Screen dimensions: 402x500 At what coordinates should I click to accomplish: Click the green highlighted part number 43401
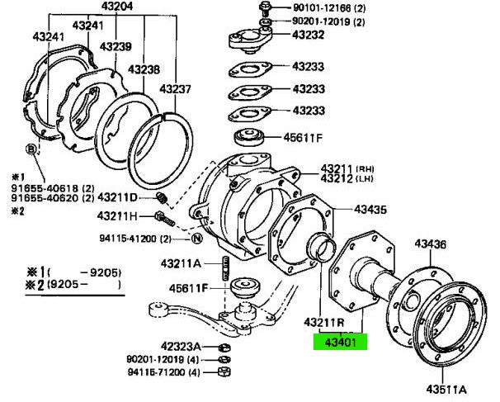pyautogui.click(x=339, y=340)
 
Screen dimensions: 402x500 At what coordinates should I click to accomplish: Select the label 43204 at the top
pyautogui.click(x=117, y=7)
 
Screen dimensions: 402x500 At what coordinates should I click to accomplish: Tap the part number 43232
pyautogui.click(x=309, y=35)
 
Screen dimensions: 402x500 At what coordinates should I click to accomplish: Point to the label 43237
pyautogui.click(x=175, y=89)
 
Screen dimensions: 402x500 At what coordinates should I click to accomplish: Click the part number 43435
pyautogui.click(x=371, y=210)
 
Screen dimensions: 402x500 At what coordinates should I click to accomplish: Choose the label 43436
pyautogui.click(x=430, y=244)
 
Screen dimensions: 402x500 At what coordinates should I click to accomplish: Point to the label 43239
pyautogui.click(x=116, y=46)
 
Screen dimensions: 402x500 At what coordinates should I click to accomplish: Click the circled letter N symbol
pyautogui.click(x=196, y=239)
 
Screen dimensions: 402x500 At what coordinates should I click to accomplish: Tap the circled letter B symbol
pyautogui.click(x=31, y=149)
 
